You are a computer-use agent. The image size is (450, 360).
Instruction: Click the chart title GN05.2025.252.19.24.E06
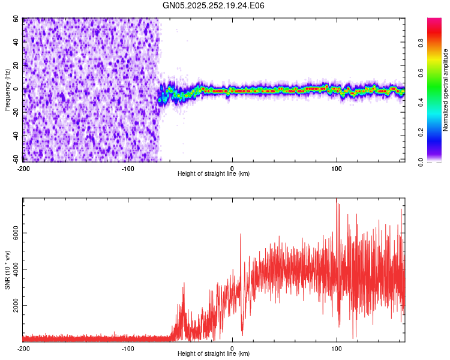214,5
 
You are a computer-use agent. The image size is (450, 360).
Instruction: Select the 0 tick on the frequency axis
17,89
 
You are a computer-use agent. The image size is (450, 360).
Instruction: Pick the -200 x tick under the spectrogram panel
23,168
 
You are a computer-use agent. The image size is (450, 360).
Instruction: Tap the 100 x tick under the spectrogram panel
337,168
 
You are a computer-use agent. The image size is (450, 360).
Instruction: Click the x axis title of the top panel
214,174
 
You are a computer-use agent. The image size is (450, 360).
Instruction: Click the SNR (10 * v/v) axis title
7,269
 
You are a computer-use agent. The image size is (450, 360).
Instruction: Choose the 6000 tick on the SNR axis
13,233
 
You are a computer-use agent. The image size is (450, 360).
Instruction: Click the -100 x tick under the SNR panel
128,348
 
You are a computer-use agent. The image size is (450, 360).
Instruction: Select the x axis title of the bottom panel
214,354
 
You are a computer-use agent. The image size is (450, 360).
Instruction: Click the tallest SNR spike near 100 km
337,200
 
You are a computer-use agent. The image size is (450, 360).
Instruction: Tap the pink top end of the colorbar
434,21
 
